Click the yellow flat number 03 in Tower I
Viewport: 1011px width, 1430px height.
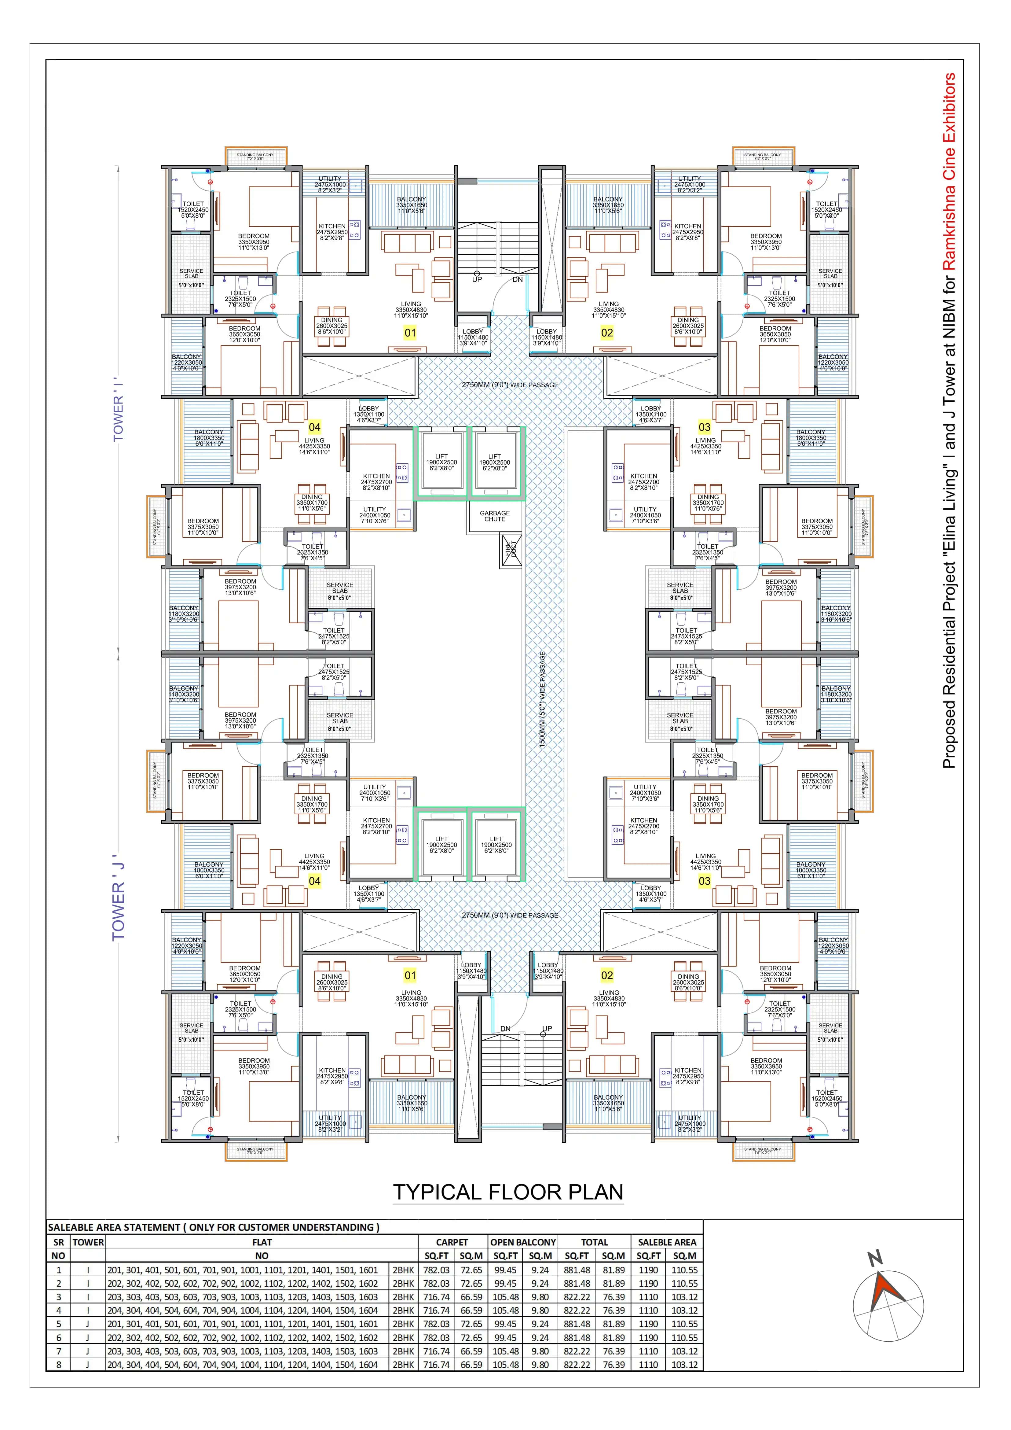704,427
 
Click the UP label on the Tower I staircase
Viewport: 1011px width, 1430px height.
477,280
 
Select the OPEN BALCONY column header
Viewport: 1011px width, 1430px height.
523,1242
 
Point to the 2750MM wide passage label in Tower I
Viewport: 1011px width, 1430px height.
510,385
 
